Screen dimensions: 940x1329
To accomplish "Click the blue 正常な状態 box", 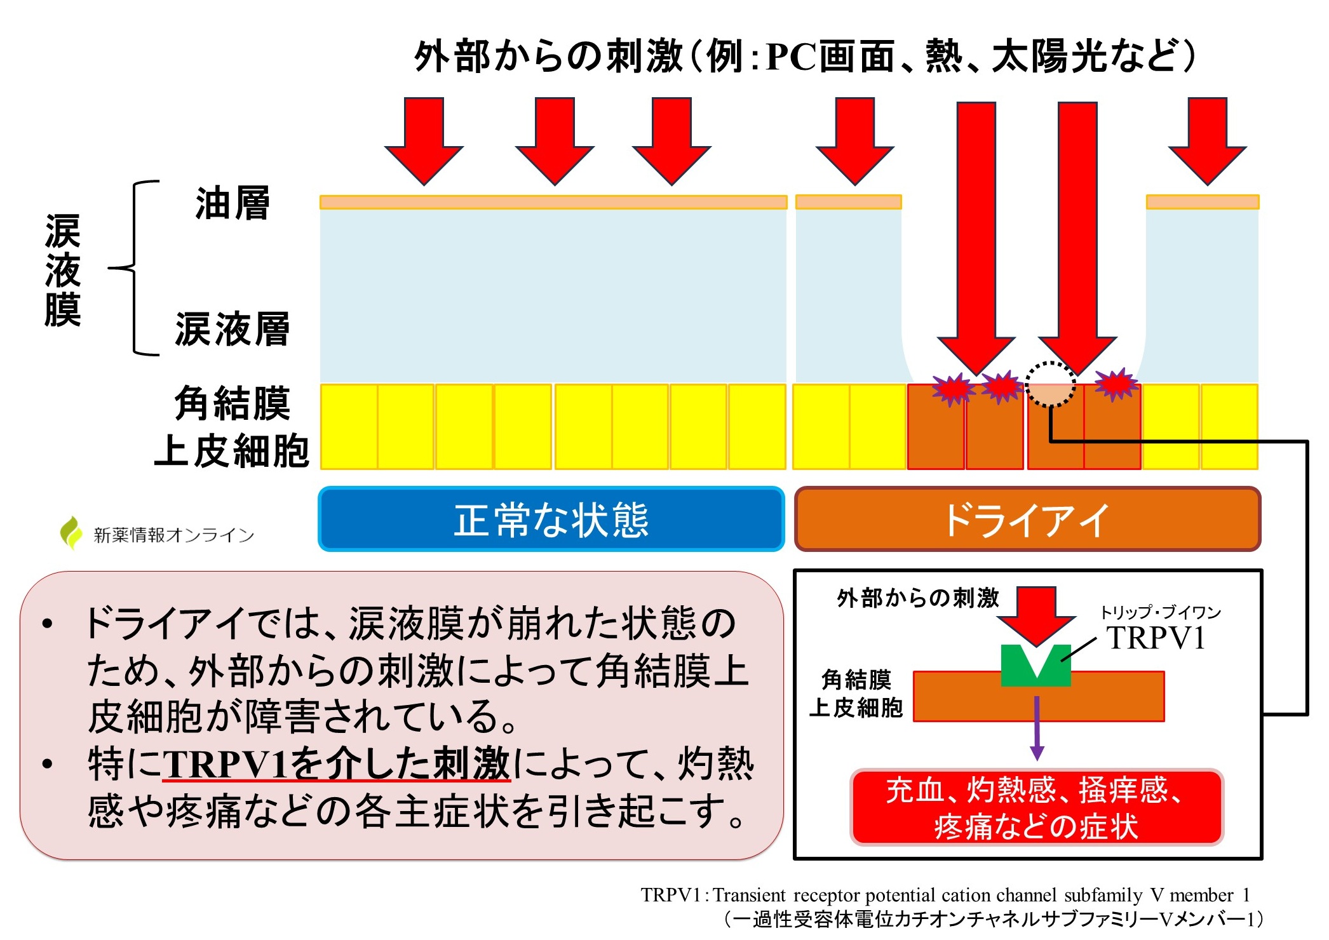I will (x=551, y=519).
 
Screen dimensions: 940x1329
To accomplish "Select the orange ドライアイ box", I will (x=1027, y=519).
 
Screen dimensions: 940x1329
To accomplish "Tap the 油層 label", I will (x=233, y=204).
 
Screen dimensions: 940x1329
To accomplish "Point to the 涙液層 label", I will (x=233, y=329).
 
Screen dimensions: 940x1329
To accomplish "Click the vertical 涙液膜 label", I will (x=63, y=271).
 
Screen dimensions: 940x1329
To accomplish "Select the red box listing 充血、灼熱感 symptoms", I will (x=1036, y=807).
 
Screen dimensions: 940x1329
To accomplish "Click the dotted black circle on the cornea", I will (x=1051, y=384).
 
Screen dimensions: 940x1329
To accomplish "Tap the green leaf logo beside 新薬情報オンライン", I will (x=71, y=532).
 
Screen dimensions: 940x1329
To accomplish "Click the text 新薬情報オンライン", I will (x=174, y=535).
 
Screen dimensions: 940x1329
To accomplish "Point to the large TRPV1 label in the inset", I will (x=1156, y=638).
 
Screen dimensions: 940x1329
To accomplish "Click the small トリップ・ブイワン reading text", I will (x=1160, y=612).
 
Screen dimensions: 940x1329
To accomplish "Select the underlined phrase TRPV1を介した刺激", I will (x=337, y=763).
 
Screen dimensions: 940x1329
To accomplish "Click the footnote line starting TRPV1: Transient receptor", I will (x=945, y=895).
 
